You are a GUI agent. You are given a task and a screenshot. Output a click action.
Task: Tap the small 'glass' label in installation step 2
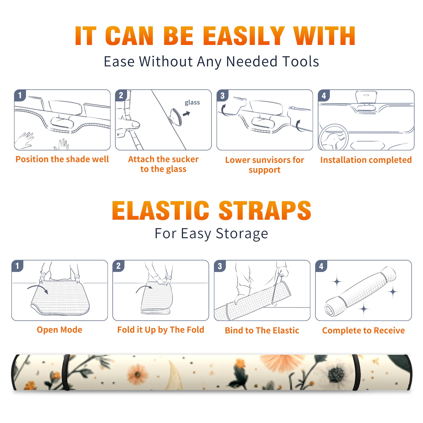pyautogui.click(x=192, y=103)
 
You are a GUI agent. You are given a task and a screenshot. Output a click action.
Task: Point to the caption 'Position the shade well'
pyautogui.click(x=62, y=159)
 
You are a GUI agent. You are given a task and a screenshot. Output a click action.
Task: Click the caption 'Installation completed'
pyautogui.click(x=366, y=160)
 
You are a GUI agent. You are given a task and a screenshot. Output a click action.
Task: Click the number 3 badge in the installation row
pyautogui.click(x=222, y=95)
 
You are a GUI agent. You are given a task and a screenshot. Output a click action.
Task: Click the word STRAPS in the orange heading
pyautogui.click(x=265, y=211)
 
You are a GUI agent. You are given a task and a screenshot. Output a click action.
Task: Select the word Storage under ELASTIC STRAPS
pyautogui.click(x=242, y=234)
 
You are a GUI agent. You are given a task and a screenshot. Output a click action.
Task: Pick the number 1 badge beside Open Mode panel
pyautogui.click(x=17, y=266)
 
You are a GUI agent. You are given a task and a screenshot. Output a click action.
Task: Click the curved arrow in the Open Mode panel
pyautogui.click(x=38, y=287)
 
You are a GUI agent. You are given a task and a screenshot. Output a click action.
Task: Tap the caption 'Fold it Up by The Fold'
pyautogui.click(x=161, y=330)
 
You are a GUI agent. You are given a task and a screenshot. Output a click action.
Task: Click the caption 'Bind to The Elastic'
pyautogui.click(x=262, y=330)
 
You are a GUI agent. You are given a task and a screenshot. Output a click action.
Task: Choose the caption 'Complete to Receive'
pyautogui.click(x=364, y=330)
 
